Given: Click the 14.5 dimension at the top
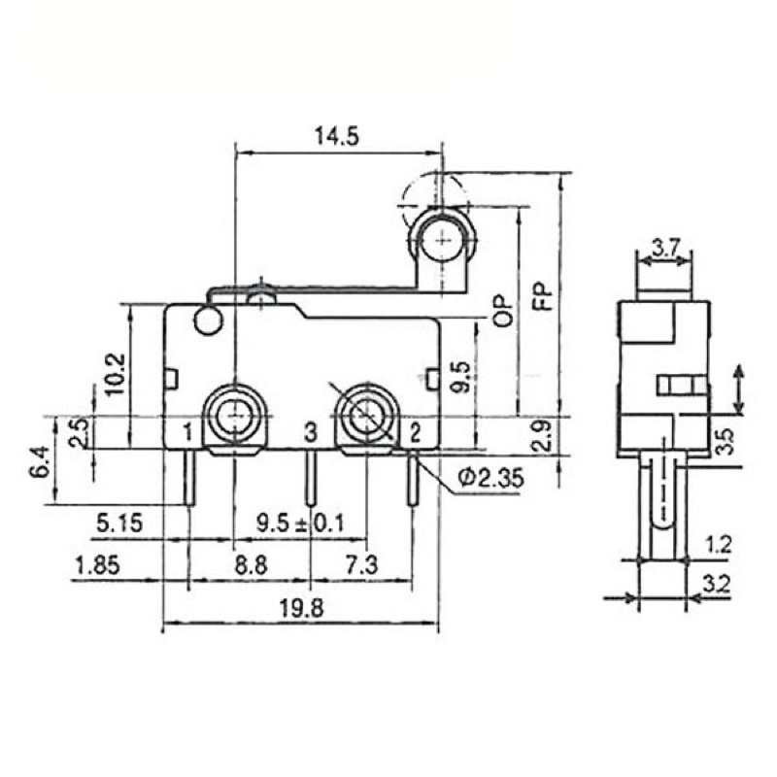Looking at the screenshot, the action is pos(336,136).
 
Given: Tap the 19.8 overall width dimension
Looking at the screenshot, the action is pos(301,608).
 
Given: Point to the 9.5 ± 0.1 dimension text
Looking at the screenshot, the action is pos(299,524).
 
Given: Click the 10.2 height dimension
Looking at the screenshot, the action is pos(116,374).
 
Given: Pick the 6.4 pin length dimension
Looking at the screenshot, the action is pos(41,460).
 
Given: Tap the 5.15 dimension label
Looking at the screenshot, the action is pos(119,524).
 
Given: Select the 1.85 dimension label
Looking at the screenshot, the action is pos(96,565).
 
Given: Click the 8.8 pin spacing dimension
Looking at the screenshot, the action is pos(251,565).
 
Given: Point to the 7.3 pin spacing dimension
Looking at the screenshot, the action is pos(361,565).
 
